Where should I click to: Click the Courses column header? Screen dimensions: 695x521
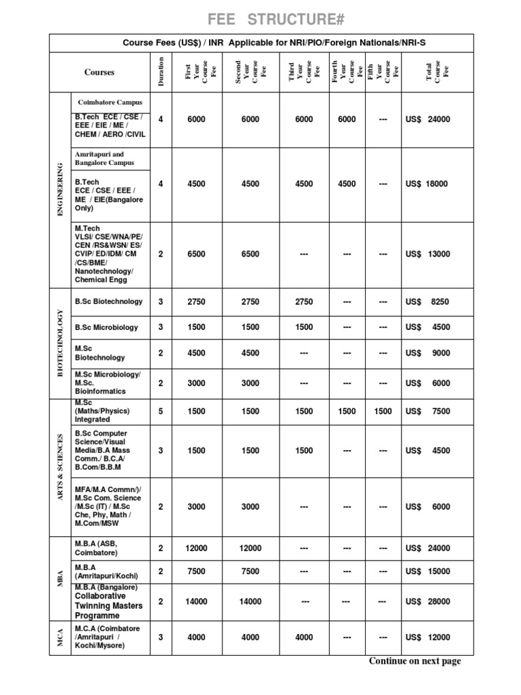pos(99,72)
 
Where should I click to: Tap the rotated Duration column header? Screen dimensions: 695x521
pos(161,72)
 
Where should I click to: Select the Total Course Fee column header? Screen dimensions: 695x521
pos(438,72)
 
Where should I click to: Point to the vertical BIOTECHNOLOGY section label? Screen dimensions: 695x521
pos(60,343)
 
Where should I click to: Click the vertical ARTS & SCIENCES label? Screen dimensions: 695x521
pos(60,466)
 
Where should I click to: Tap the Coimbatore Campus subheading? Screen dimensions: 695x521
pos(110,102)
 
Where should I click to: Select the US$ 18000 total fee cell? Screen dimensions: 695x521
pos(427,184)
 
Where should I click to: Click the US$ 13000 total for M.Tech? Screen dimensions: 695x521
pos(427,255)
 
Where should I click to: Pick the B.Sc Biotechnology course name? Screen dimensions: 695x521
pos(109,301)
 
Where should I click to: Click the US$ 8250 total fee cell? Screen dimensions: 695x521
pos(427,302)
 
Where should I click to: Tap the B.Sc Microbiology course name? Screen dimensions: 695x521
pos(107,327)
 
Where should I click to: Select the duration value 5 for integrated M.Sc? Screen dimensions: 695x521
pos(161,411)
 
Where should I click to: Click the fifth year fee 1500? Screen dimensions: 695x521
pos(383,411)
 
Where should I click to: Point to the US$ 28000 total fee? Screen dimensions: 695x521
pos(427,601)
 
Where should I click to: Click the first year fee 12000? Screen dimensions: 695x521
pos(196,548)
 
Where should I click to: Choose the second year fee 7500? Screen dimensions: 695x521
pos(250,571)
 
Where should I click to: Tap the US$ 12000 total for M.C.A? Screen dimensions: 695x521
pos(427,637)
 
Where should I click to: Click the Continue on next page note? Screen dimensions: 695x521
pos(414,661)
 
